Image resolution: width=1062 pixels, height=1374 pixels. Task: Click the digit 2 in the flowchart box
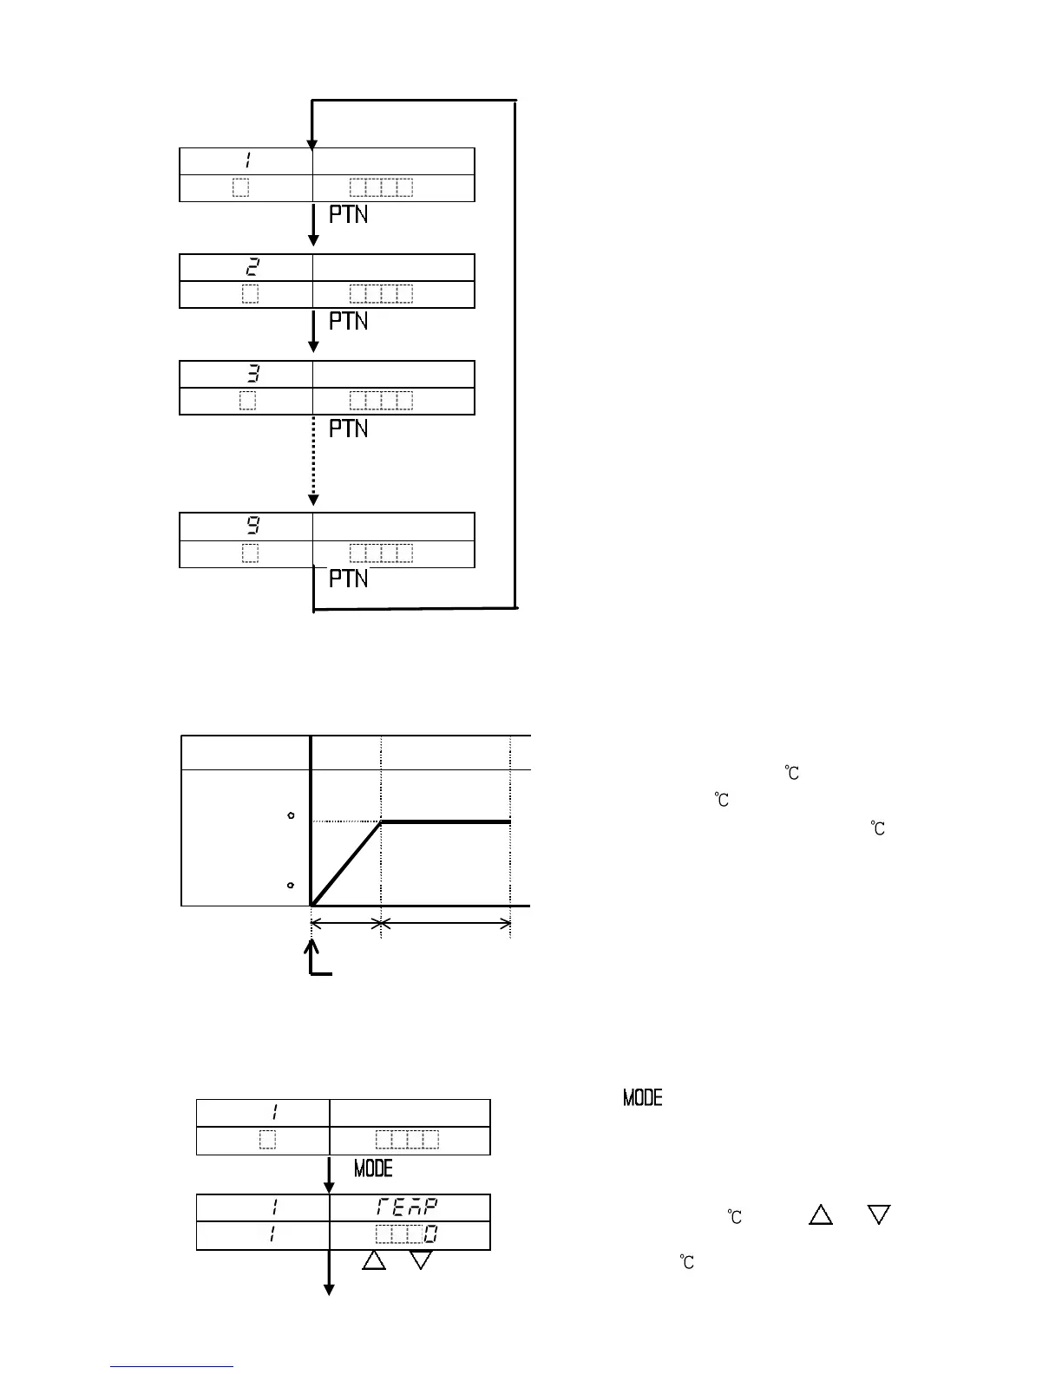pyautogui.click(x=252, y=267)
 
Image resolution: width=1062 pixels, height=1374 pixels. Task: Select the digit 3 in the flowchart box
pyautogui.click(x=252, y=374)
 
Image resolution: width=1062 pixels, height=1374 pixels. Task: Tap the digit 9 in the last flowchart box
pyautogui.click(x=252, y=526)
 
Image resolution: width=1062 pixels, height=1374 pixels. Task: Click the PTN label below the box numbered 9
pyautogui.click(x=349, y=579)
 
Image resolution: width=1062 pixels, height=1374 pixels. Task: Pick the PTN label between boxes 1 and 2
pyautogui.click(x=349, y=214)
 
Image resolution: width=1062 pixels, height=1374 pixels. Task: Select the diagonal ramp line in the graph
pyautogui.click(x=346, y=863)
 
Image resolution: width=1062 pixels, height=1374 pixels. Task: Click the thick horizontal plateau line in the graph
pyautogui.click(x=445, y=821)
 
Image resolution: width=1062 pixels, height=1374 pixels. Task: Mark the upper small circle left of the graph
pyautogui.click(x=291, y=815)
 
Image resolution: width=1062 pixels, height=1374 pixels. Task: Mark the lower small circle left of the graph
pyautogui.click(x=291, y=885)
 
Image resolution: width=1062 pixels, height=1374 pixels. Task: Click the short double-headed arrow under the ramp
pyautogui.click(x=345, y=924)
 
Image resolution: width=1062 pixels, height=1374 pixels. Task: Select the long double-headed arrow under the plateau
pyautogui.click(x=446, y=924)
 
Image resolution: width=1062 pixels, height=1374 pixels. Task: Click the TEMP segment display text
pyautogui.click(x=408, y=1207)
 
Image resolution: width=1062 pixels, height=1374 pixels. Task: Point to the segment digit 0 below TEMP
pyautogui.click(x=429, y=1234)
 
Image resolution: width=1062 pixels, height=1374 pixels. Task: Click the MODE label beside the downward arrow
pyautogui.click(x=373, y=1169)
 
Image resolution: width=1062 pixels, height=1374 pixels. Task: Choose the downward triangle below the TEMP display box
pyautogui.click(x=421, y=1260)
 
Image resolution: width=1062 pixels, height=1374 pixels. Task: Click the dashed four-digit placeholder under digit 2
pyautogui.click(x=381, y=294)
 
